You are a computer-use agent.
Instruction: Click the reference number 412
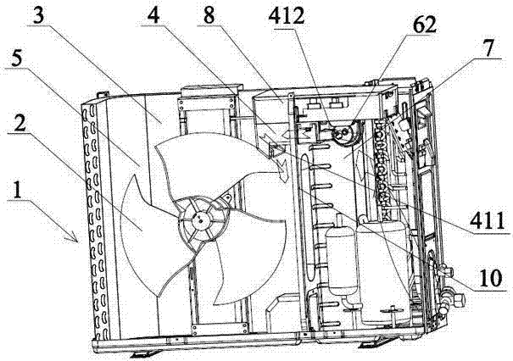(x=287, y=17)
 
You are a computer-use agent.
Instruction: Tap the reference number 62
(x=424, y=25)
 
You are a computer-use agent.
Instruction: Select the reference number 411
(x=488, y=222)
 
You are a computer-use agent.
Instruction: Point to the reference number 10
(x=490, y=278)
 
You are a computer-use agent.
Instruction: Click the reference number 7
(x=488, y=48)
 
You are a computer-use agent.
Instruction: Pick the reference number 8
(x=209, y=14)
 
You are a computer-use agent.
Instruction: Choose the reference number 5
(x=17, y=59)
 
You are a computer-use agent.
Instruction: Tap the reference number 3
(x=39, y=15)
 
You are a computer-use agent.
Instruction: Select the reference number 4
(x=153, y=15)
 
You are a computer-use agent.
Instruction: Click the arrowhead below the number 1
(x=73, y=238)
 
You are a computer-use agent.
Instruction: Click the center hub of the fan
(x=200, y=219)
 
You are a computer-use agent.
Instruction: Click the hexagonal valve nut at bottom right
(x=459, y=298)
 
